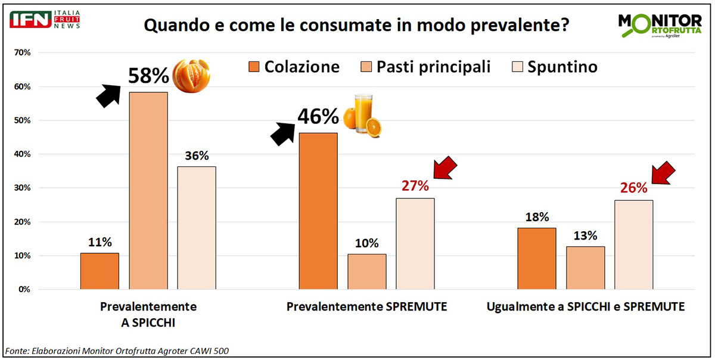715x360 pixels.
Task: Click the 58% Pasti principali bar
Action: [148, 191]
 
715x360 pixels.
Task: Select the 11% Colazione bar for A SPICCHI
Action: [100, 271]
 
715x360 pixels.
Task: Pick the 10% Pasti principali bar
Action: [366, 272]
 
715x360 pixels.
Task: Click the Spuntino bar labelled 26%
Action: [633, 244]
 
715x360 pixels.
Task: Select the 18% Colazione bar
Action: [537, 259]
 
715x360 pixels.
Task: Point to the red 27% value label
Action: [415, 186]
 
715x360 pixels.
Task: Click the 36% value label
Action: [197, 156]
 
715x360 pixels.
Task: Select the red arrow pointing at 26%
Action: [663, 173]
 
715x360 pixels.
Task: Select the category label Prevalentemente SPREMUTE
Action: [366, 307]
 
